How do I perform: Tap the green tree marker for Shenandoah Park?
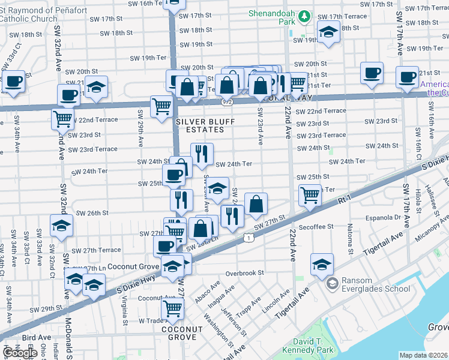(x=305, y=16)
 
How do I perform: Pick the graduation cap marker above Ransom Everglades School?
(x=322, y=265)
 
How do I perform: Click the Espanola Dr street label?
(x=384, y=217)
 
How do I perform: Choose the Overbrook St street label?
(x=245, y=272)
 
